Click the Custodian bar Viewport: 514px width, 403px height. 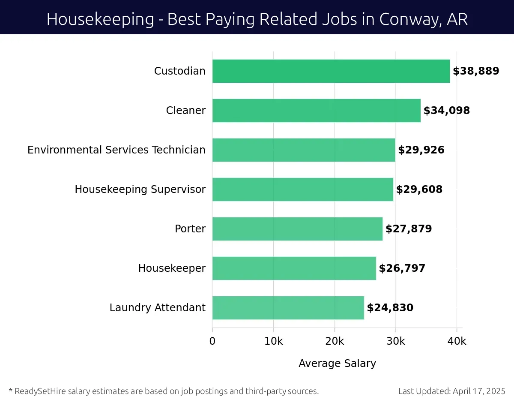click(331, 71)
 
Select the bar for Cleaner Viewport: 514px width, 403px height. click(316, 111)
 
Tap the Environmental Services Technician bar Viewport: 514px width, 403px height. click(303, 150)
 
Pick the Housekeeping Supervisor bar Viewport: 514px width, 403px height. click(302, 189)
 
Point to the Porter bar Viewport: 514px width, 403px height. click(297, 229)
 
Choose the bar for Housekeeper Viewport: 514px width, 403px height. click(294, 268)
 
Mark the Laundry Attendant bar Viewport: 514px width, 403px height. click(288, 308)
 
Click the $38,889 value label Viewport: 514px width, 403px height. click(476, 71)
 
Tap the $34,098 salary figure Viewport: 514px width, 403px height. click(447, 111)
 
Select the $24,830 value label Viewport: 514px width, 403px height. click(390, 308)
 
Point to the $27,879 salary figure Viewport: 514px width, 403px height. click(409, 229)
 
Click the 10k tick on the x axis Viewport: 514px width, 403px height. click(273, 341)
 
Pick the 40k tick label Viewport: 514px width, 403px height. click(457, 341)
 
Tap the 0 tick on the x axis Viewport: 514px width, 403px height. click(212, 341)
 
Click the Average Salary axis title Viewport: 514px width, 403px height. click(337, 364)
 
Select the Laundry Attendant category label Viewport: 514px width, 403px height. click(157, 308)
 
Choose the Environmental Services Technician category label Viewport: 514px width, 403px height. click(116, 150)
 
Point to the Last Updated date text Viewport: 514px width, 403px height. click(452, 391)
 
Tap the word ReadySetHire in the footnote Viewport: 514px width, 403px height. click(39, 391)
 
